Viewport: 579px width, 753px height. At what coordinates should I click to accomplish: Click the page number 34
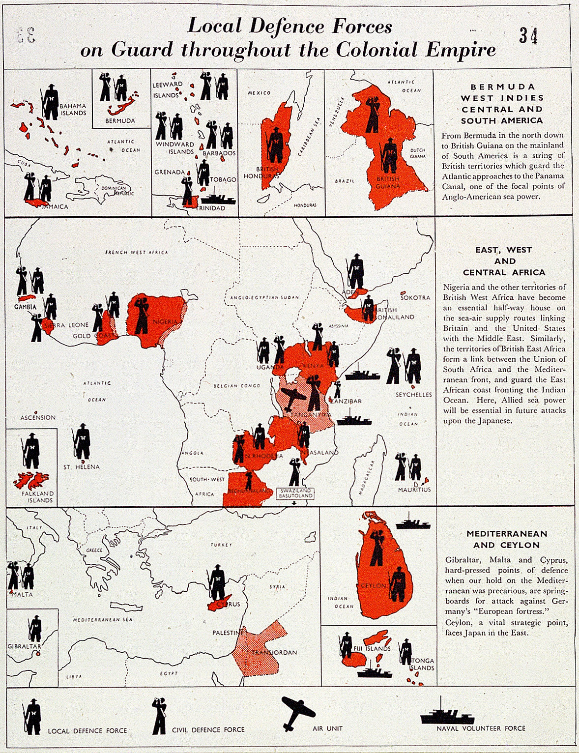coord(528,36)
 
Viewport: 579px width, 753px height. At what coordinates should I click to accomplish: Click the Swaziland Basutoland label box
coord(295,493)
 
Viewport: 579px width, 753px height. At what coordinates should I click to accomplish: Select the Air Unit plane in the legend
coord(297,712)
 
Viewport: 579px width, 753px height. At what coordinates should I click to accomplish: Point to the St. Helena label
coord(81,466)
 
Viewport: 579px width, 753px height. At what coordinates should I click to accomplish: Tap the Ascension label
coord(38,417)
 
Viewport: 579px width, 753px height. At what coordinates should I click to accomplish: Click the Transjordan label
coord(274,652)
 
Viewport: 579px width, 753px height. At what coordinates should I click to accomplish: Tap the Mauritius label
coord(414,490)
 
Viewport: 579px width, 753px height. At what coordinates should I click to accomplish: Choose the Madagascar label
coord(367,477)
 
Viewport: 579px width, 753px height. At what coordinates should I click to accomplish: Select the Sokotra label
coord(415,297)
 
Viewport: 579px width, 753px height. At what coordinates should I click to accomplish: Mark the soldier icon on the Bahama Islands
coord(50,102)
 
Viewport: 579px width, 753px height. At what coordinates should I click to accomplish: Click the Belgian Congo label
coord(236,386)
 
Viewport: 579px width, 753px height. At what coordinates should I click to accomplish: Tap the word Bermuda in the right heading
coord(502,87)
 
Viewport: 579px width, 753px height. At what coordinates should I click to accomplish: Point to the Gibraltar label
coord(24,646)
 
